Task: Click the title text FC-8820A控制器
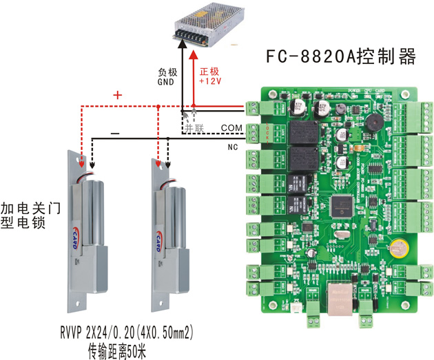[341, 58]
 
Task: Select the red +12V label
[210, 81]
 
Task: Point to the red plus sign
[116, 96]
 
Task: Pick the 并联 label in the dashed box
[193, 128]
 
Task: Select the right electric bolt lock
[172, 227]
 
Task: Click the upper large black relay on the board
[301, 134]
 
